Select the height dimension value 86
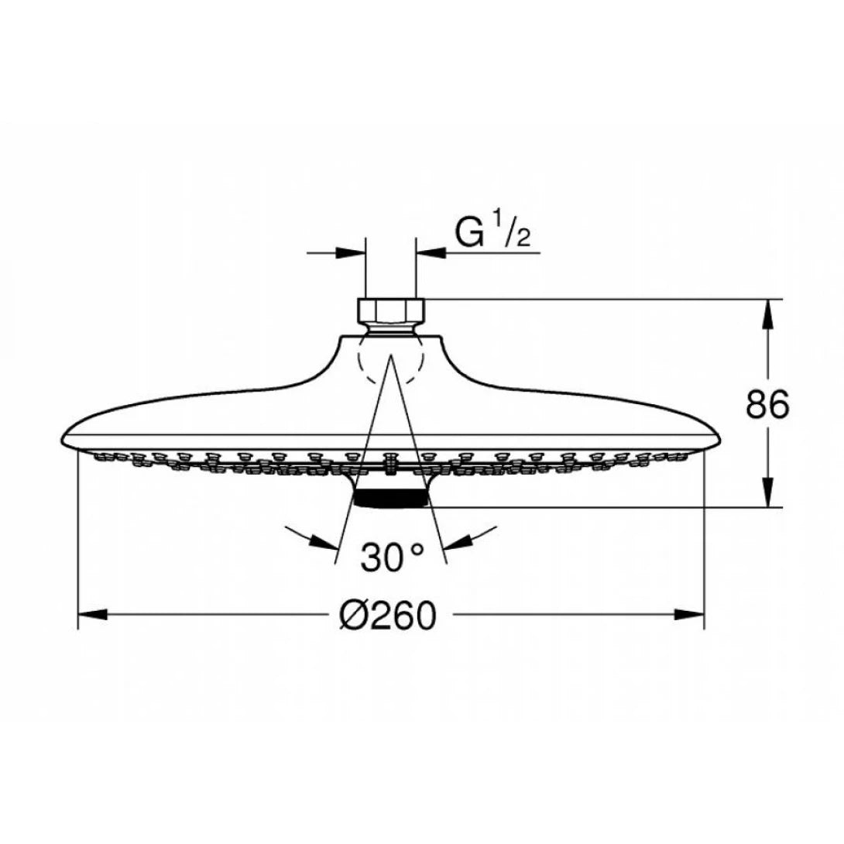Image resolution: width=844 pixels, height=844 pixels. [767, 403]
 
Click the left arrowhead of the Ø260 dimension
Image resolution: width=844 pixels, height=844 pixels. [91, 616]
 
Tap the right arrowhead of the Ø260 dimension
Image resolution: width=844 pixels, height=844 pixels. [691, 616]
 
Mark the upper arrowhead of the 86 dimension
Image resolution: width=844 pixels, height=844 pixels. [767, 313]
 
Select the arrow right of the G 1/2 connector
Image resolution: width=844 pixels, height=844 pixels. [431, 252]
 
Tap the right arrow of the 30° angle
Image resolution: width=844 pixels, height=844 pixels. [458, 541]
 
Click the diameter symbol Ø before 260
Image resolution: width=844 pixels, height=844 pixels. [353, 616]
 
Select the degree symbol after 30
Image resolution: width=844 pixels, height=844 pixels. [417, 549]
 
